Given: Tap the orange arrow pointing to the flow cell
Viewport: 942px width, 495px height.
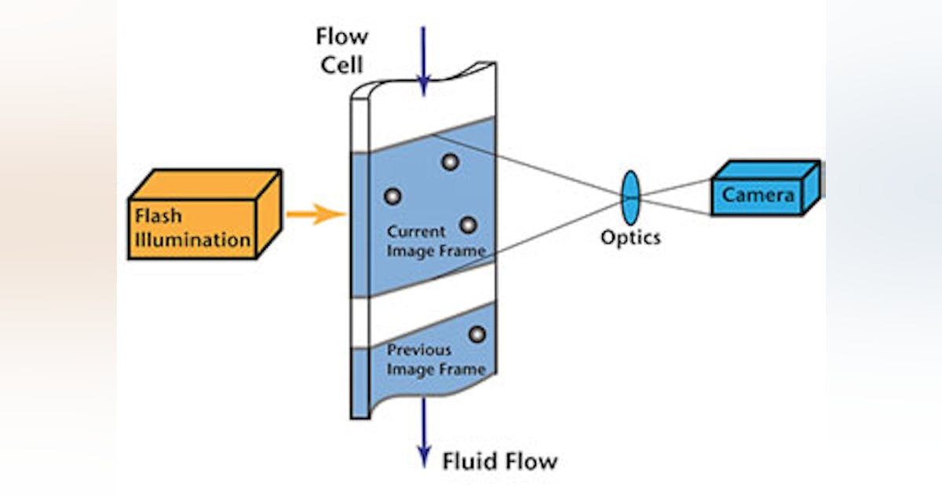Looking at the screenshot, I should tap(315, 213).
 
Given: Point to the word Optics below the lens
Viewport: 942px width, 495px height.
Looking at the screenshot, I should tap(630, 236).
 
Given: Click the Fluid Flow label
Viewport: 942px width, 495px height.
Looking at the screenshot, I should tap(499, 460).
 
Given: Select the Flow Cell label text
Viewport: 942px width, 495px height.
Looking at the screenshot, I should tap(341, 50).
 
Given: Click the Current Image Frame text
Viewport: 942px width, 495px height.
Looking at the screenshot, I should tap(436, 241).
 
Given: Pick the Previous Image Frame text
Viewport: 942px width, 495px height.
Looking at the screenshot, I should tap(436, 358).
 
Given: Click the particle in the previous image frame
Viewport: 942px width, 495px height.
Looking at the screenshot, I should tap(476, 335).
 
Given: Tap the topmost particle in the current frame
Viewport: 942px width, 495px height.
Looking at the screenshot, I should tap(450, 162).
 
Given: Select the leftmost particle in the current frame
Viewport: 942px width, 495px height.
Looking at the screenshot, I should tap(392, 196).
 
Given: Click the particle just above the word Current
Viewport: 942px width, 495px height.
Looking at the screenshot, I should tap(468, 225).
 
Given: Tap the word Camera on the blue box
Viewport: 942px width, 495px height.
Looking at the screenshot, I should tap(758, 195).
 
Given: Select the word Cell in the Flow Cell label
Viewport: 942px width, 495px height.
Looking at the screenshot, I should tap(341, 64).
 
